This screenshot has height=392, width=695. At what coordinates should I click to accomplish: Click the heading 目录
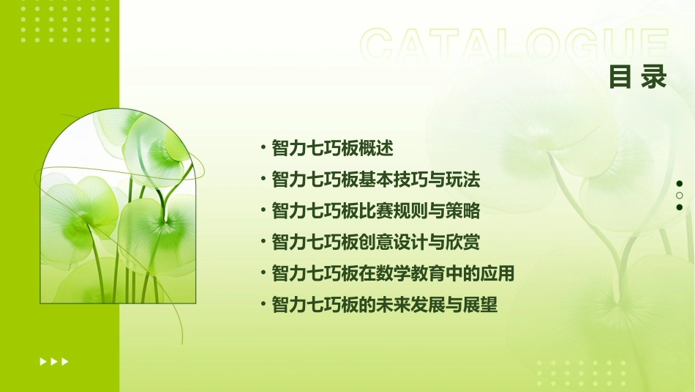click(637, 78)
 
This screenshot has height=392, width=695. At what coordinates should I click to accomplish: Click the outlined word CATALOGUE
click(514, 45)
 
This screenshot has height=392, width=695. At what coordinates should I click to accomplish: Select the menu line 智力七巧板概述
click(332, 148)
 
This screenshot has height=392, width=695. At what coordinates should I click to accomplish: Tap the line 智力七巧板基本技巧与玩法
click(375, 180)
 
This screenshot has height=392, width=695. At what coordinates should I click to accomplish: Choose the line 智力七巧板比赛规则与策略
click(375, 211)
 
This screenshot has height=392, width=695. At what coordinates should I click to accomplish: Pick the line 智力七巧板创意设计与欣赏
click(375, 242)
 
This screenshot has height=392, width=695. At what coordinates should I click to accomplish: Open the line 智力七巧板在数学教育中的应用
click(393, 273)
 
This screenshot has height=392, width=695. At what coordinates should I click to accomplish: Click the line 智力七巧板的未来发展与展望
click(384, 304)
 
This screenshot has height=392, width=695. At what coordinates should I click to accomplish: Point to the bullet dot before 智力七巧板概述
click(263, 148)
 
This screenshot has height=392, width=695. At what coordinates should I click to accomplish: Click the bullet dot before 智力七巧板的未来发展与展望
click(263, 304)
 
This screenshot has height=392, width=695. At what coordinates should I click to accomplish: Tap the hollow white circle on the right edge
click(679, 195)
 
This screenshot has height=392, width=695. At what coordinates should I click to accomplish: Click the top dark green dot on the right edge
click(679, 183)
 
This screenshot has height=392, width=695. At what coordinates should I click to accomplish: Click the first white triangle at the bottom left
click(42, 361)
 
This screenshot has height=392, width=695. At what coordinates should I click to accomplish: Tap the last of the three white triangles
click(65, 361)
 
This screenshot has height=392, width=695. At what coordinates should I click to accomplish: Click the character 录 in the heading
click(653, 78)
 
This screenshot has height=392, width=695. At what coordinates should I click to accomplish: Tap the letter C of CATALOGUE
click(380, 45)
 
